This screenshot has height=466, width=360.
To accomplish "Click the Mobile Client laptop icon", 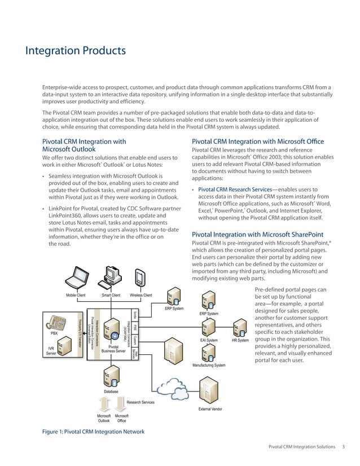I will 75,278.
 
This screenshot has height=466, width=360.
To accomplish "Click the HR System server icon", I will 240,326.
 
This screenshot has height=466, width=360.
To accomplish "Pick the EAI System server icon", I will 209,326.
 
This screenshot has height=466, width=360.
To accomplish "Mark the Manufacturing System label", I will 209,366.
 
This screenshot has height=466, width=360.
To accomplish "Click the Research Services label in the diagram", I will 141,402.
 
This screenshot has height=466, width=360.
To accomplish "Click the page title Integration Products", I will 75,51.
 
